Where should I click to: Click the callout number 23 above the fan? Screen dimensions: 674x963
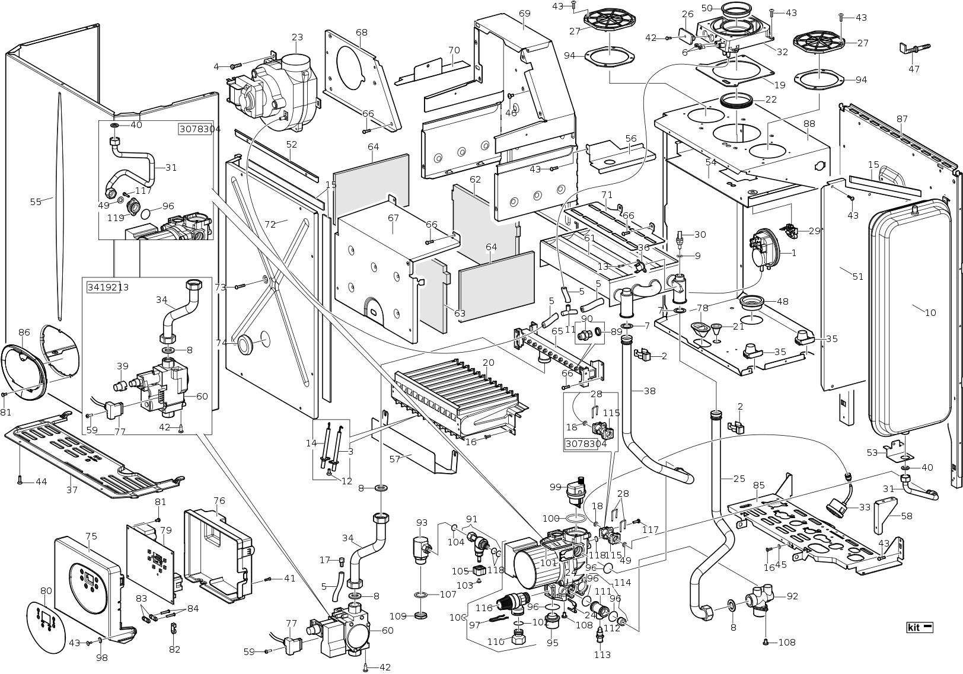[x=297, y=37]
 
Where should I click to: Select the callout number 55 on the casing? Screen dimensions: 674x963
[x=36, y=202]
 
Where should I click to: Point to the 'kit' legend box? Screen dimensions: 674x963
[x=920, y=627]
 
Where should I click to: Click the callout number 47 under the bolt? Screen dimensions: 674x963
[x=914, y=69]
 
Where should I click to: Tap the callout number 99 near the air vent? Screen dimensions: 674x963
[x=555, y=487]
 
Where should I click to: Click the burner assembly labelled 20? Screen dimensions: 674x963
[x=457, y=397]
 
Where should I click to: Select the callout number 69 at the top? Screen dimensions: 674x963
[x=524, y=13]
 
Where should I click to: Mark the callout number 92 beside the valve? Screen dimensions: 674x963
[x=792, y=596]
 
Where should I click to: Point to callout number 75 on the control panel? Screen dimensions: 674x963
[x=91, y=536]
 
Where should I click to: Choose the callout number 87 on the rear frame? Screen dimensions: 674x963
[x=902, y=119]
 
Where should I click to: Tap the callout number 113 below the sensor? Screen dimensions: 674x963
[x=602, y=655]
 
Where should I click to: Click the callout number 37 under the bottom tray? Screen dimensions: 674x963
[x=72, y=490]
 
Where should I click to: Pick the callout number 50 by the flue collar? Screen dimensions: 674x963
[x=706, y=8]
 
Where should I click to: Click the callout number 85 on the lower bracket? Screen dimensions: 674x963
[x=758, y=485]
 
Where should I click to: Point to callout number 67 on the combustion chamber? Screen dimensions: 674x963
[x=393, y=218]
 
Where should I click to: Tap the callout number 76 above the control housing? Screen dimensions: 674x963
[x=219, y=501]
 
